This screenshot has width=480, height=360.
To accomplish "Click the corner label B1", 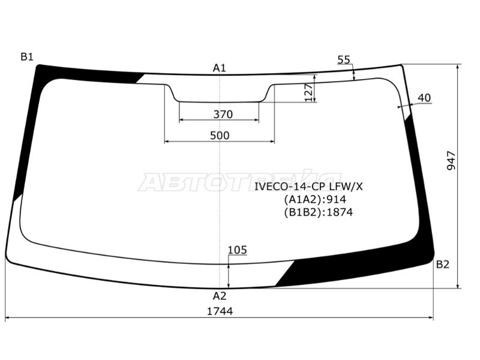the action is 27,56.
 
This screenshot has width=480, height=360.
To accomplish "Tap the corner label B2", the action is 442,264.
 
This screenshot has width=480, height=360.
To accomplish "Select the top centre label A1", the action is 219,68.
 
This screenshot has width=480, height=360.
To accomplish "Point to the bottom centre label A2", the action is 220,296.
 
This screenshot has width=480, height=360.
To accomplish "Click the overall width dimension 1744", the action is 220,311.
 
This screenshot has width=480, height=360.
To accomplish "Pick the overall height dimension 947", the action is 452,160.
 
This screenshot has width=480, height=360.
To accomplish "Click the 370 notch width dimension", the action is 223,115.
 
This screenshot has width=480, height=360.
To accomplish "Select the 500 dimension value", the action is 220,136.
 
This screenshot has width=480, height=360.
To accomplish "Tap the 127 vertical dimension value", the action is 309,92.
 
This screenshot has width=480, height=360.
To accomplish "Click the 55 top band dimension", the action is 343,59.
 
